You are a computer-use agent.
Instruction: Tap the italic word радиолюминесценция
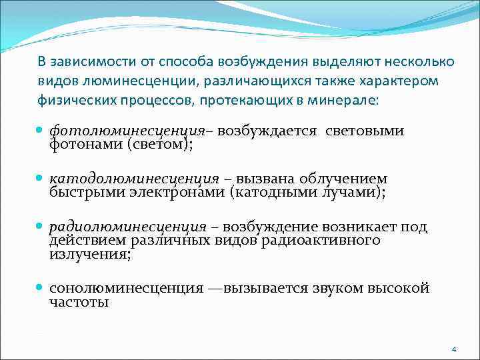127,227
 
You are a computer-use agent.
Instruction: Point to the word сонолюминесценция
126,289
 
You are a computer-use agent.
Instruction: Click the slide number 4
453,349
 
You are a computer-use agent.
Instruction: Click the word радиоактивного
329,241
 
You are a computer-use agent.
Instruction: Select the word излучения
90,254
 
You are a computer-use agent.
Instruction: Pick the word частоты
79,302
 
